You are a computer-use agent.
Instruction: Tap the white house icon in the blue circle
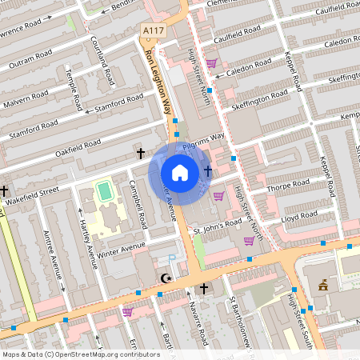[x=180, y=173]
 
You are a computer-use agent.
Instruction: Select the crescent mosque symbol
[x=166, y=278]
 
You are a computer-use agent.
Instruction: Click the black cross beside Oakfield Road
[x=141, y=152]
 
